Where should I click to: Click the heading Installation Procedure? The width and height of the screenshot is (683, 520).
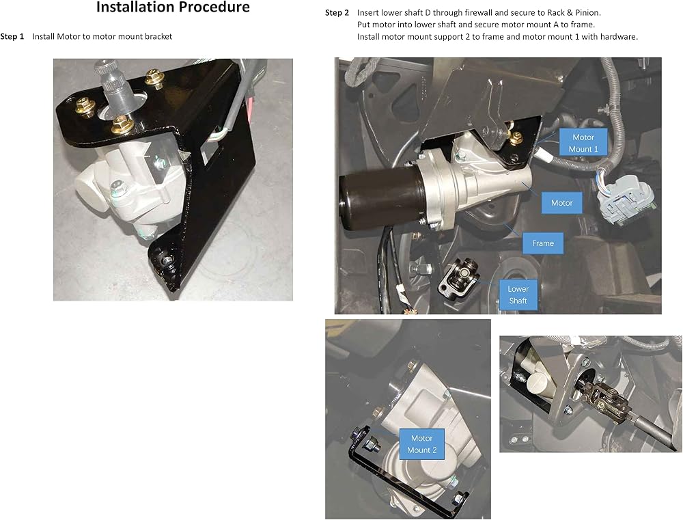pyautogui.click(x=173, y=7)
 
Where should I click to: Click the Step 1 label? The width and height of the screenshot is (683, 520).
pyautogui.click(x=12, y=37)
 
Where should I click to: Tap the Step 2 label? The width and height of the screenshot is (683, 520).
pyautogui.click(x=337, y=12)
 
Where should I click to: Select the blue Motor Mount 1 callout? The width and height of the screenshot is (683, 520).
pyautogui.click(x=583, y=143)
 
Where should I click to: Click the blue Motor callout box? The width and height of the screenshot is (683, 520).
pyautogui.click(x=561, y=203)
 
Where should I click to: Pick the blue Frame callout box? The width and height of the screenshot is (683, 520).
pyautogui.click(x=543, y=243)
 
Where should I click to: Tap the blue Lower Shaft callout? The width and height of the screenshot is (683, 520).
pyautogui.click(x=518, y=295)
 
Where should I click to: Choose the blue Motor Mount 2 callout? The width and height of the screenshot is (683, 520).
pyautogui.click(x=421, y=444)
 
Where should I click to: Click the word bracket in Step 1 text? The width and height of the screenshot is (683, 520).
pyautogui.click(x=158, y=37)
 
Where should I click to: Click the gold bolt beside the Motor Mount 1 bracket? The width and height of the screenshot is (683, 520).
pyautogui.click(x=516, y=139)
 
